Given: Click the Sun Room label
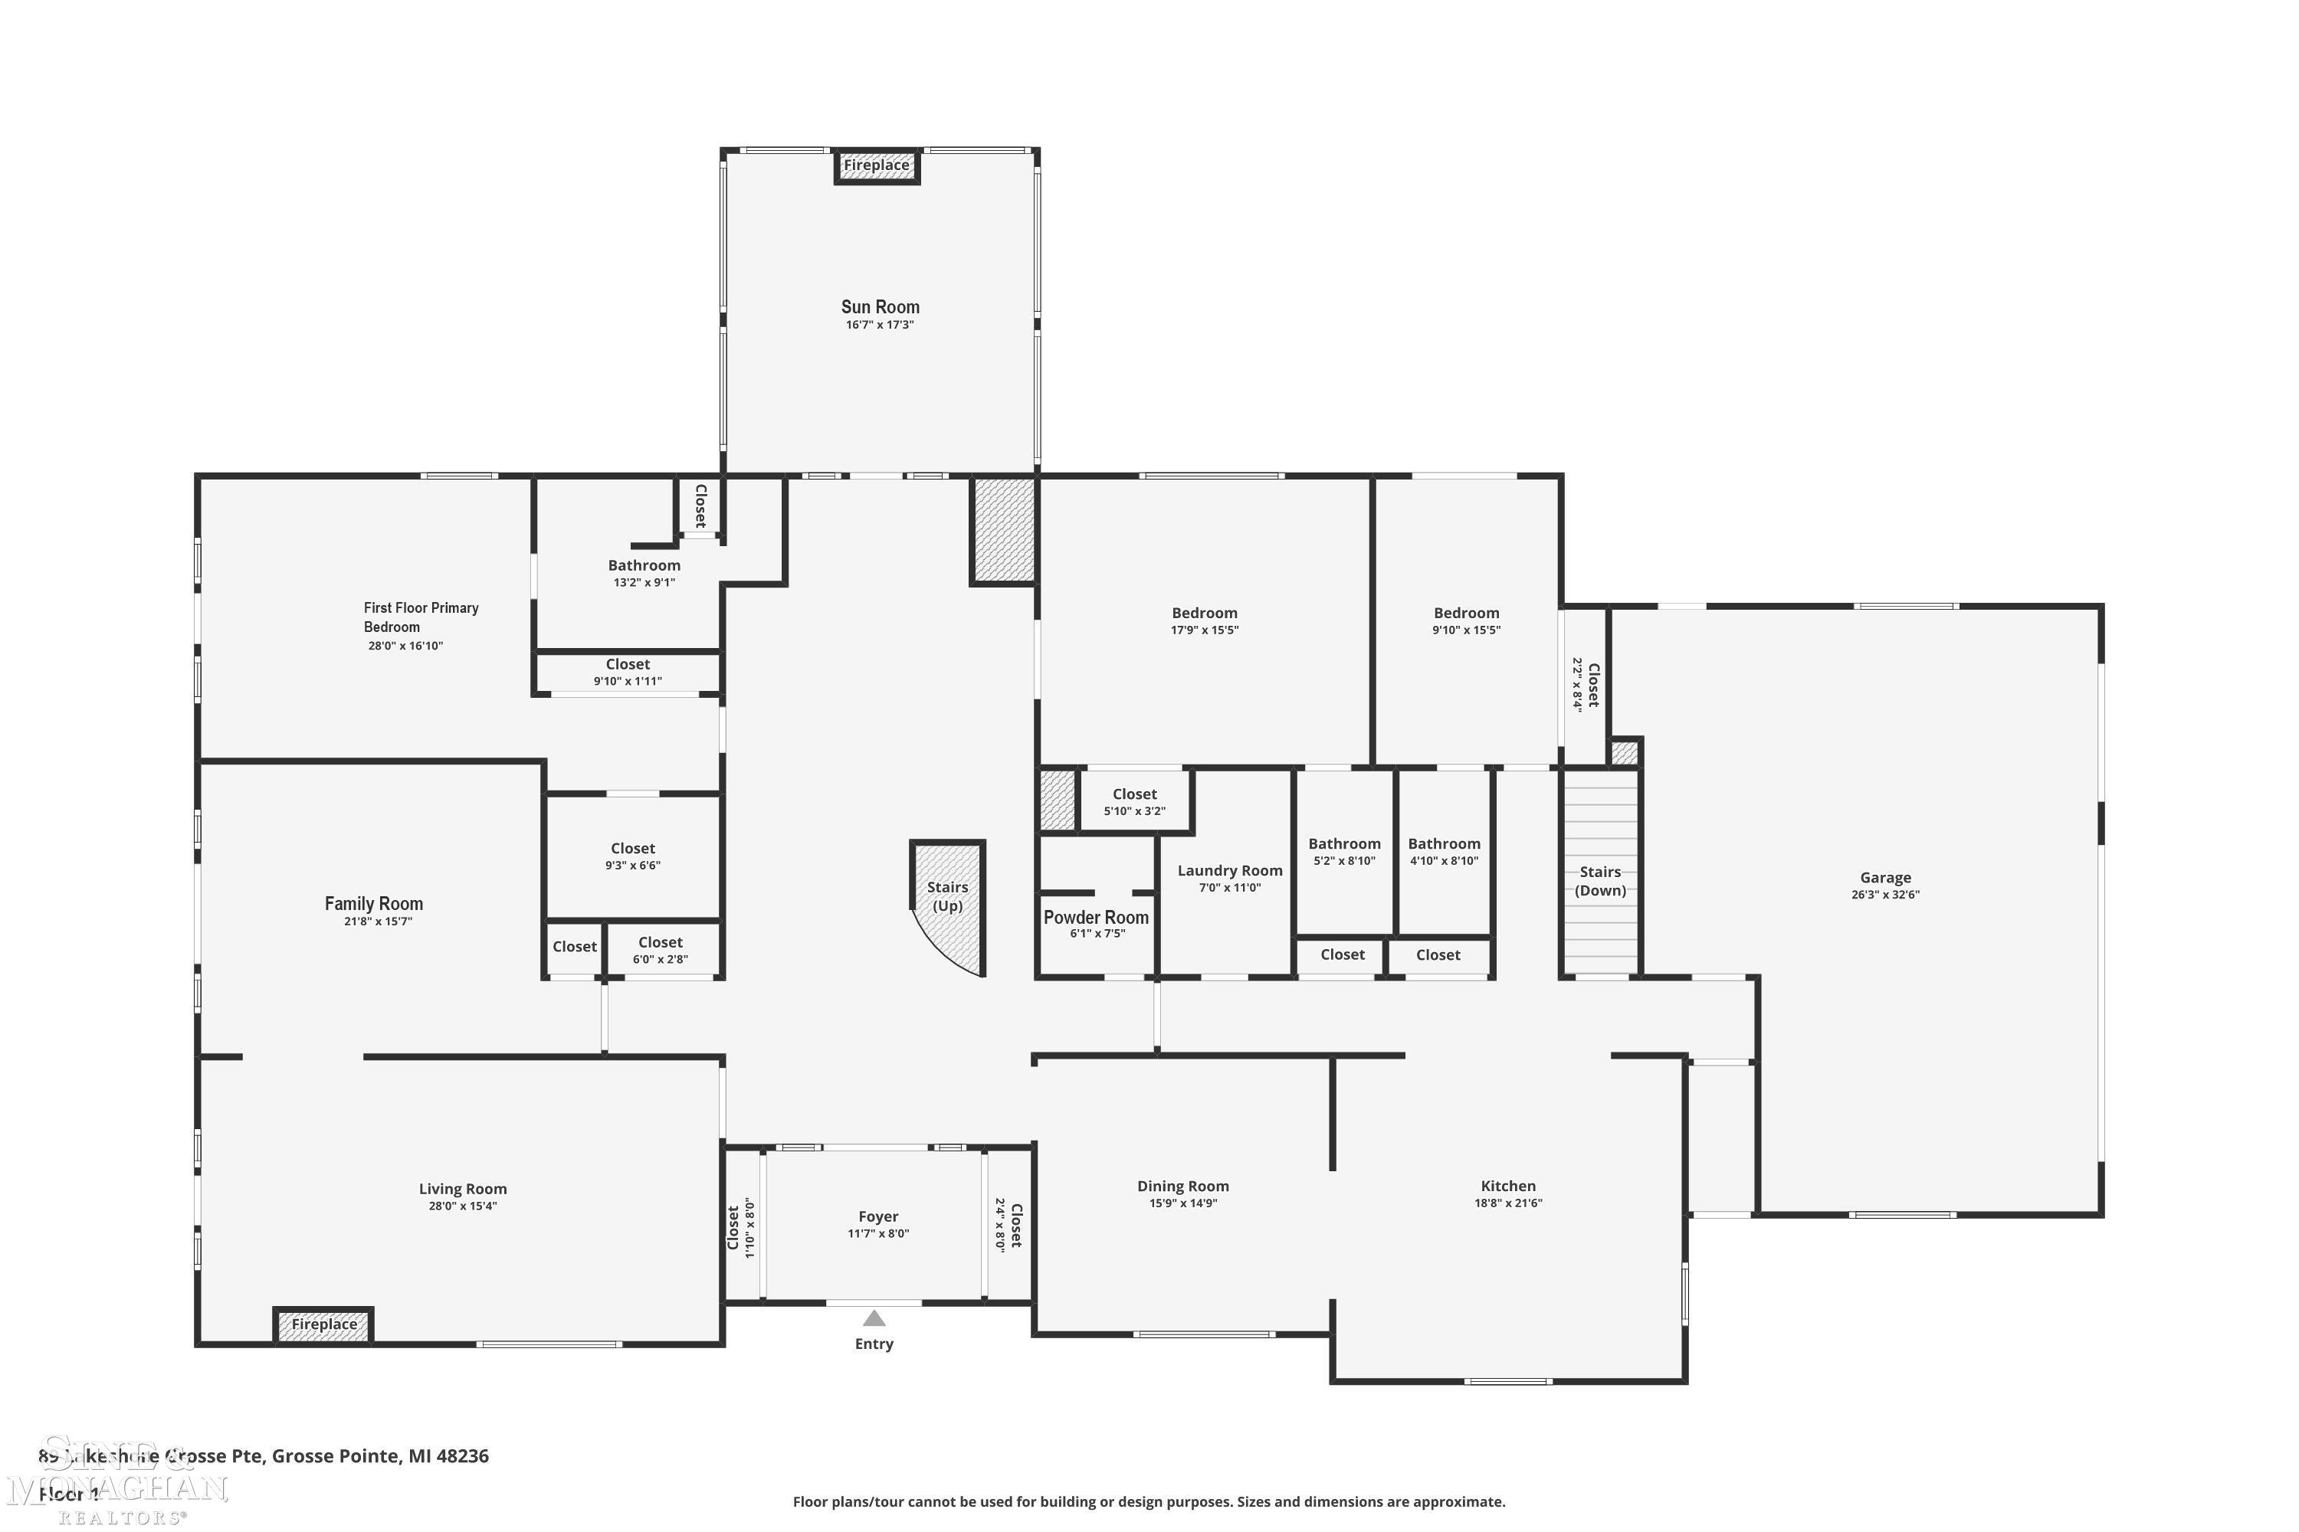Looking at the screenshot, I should pyautogui.click(x=880, y=307).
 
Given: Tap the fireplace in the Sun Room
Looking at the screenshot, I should pyautogui.click(x=877, y=165).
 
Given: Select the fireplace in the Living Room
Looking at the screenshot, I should pyautogui.click(x=323, y=1325).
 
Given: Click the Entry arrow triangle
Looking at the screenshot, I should pyautogui.click(x=874, y=1318).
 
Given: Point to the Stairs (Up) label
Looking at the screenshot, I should pyautogui.click(x=947, y=896).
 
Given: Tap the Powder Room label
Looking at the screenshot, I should pyautogui.click(x=1096, y=918).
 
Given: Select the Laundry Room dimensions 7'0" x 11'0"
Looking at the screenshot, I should pyautogui.click(x=1230, y=888).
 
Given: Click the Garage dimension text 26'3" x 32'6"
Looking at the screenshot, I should pyautogui.click(x=1884, y=895).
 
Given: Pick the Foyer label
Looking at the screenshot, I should pyautogui.click(x=877, y=1216).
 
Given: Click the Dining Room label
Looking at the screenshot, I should pyautogui.click(x=1182, y=1186).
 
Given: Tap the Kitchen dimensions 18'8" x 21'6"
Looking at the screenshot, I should pyautogui.click(x=1508, y=1203).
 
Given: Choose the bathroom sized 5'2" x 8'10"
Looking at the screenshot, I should pyautogui.click(x=1344, y=851).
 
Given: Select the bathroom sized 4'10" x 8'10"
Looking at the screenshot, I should pyautogui.click(x=1444, y=851).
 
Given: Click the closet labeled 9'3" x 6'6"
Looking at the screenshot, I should pyautogui.click(x=632, y=856).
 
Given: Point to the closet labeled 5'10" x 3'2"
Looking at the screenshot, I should pyautogui.click(x=1134, y=802).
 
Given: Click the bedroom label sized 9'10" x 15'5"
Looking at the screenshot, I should pyautogui.click(x=1466, y=614).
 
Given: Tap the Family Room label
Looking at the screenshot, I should pyautogui.click(x=373, y=904).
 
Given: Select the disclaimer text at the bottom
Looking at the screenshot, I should pyautogui.click(x=1149, y=1501).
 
